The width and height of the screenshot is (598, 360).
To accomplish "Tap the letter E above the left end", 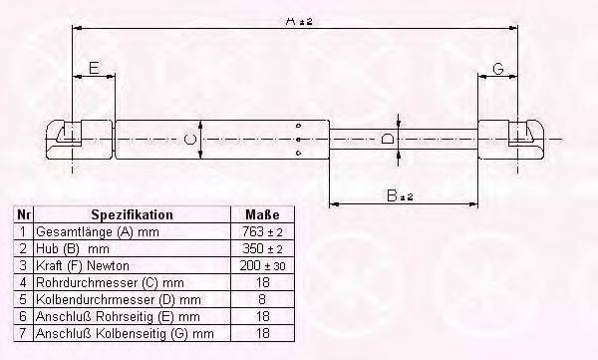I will [94, 69].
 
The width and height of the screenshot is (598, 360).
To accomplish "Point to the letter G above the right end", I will [497, 69].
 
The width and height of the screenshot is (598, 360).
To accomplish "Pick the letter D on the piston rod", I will [388, 139].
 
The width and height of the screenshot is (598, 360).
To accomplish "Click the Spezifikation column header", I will [132, 214].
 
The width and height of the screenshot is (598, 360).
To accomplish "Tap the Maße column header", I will [262, 214].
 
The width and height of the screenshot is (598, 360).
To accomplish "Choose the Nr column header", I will [23, 214].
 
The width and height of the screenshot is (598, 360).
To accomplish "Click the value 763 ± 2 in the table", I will [262, 231].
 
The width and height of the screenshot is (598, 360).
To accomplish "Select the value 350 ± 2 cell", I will [262, 248].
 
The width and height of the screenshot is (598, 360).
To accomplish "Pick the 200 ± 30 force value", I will [262, 265].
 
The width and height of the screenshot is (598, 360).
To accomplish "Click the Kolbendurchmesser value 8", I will [262, 299].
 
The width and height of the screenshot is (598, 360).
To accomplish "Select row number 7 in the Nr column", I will [23, 333].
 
